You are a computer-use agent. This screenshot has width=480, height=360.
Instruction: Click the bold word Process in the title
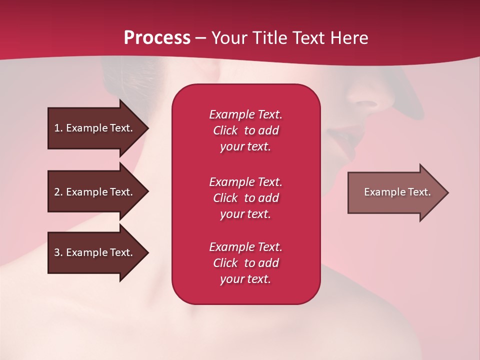pyautogui.click(x=157, y=38)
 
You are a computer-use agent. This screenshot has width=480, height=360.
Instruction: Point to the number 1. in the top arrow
pyautogui.click(x=58, y=128)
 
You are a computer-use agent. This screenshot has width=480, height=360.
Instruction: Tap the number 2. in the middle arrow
pyautogui.click(x=58, y=192)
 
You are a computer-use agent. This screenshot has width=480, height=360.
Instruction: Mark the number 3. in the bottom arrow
pyautogui.click(x=58, y=252)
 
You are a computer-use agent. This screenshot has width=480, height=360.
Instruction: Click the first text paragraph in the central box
pyautogui.click(x=245, y=130)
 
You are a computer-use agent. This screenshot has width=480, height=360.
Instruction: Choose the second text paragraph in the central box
pyautogui.click(x=245, y=198)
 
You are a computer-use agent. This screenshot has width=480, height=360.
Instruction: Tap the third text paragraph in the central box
pyautogui.click(x=245, y=263)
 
